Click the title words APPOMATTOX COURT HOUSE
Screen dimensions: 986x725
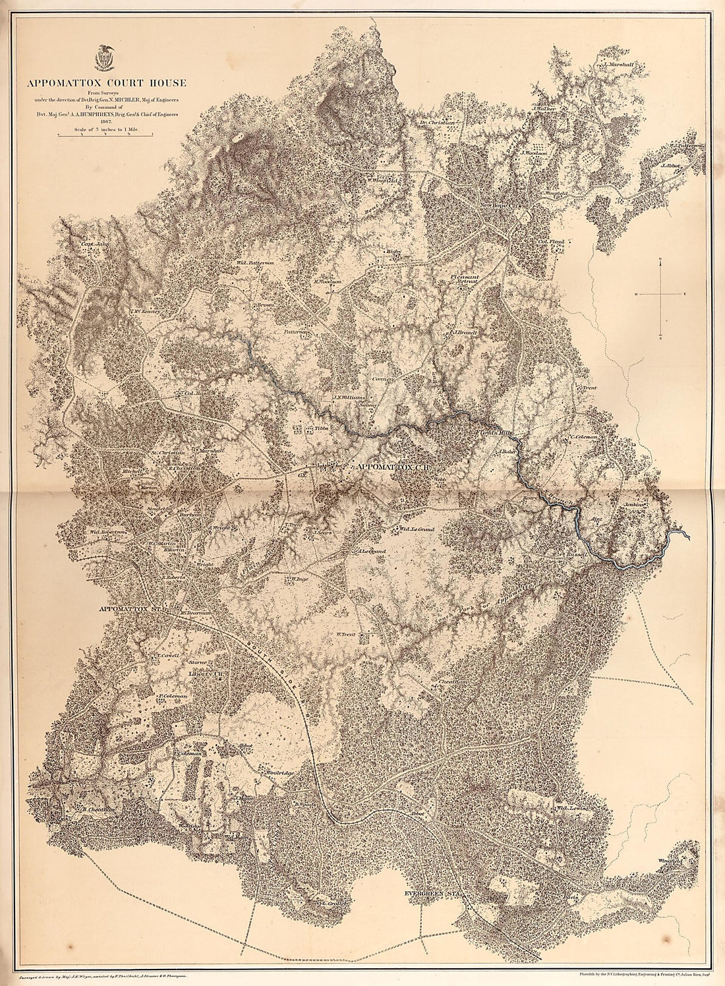click(106, 83)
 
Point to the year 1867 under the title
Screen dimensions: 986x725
click(106, 121)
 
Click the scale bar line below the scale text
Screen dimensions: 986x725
click(105, 136)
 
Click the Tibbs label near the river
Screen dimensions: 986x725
click(320, 428)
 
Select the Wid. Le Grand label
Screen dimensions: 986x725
click(417, 529)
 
